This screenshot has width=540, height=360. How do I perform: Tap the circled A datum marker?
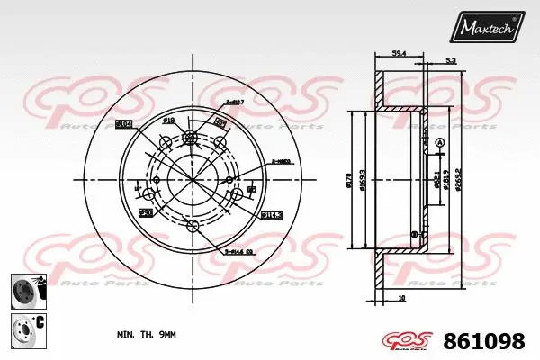click(439, 144)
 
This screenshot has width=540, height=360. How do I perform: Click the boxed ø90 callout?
click(144, 211)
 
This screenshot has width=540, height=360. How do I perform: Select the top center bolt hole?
click(191, 139)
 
